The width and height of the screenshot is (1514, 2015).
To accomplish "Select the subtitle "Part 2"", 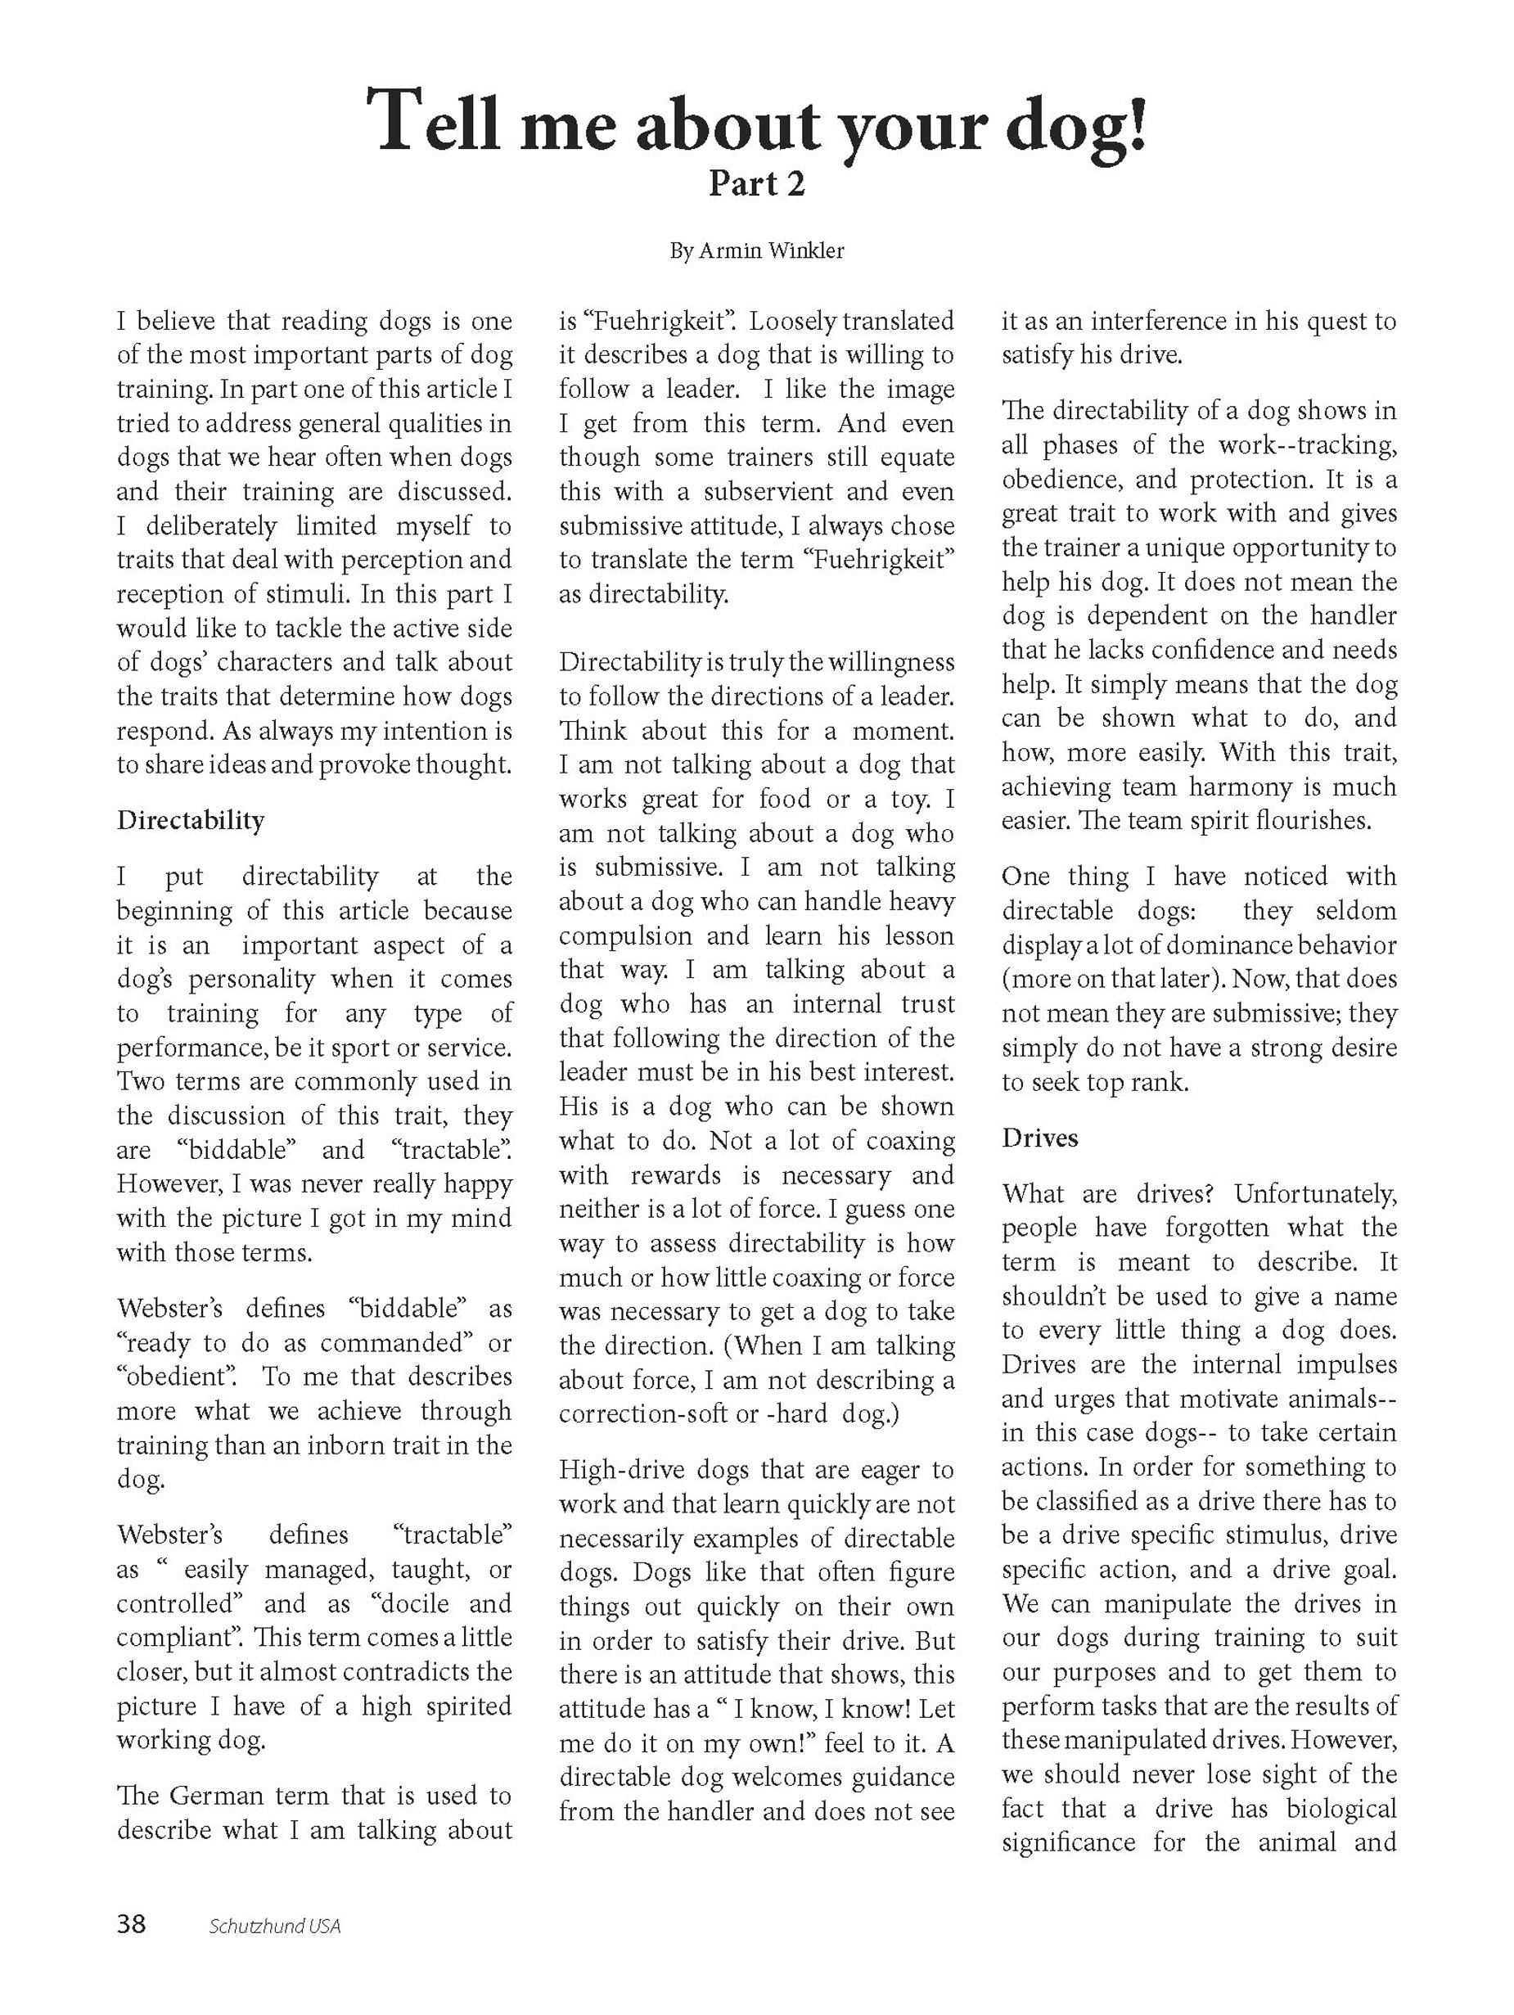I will tap(757, 184).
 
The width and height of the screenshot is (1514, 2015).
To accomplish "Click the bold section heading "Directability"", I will tap(191, 820).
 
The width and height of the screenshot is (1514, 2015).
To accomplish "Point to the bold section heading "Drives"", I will tap(1039, 1138).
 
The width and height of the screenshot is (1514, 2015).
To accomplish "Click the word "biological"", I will tap(1341, 1808).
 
